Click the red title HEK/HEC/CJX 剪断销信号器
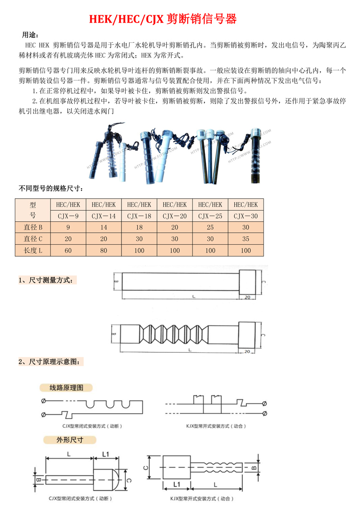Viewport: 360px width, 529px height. click(x=163, y=19)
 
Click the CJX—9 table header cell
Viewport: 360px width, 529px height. click(x=68, y=216)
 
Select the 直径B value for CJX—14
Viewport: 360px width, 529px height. click(x=103, y=227)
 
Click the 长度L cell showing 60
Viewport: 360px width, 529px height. click(x=68, y=250)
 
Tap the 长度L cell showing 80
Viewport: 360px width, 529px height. click(x=103, y=250)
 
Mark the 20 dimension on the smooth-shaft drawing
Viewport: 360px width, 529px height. click(x=248, y=297)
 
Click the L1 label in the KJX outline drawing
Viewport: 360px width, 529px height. click(x=176, y=484)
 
